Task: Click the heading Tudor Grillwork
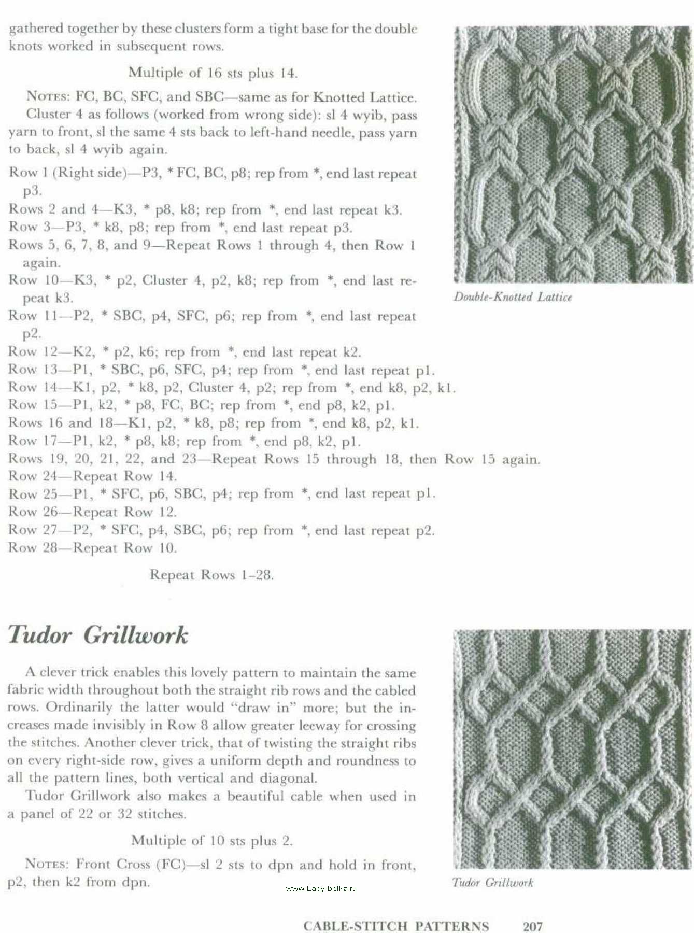tap(98, 635)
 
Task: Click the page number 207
tap(532, 926)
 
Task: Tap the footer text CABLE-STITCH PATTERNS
tap(396, 926)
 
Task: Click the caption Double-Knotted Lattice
tap(513, 297)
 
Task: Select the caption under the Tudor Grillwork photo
tap(492, 882)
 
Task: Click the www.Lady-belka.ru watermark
tap(321, 888)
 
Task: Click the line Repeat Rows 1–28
tap(211, 575)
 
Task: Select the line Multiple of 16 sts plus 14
tap(213, 73)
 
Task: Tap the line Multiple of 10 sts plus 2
tap(212, 840)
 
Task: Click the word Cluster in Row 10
tap(164, 280)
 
